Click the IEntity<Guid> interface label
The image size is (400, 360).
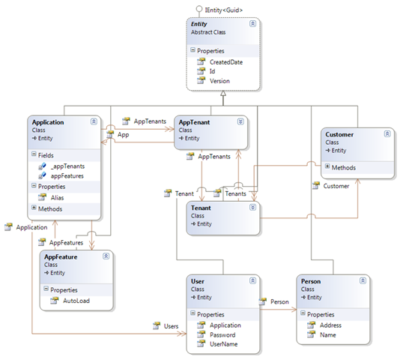pos(219,9)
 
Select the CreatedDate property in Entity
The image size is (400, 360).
pos(225,61)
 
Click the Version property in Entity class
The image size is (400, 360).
pos(219,81)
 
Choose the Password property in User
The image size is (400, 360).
pos(222,336)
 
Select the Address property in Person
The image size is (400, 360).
pos(330,325)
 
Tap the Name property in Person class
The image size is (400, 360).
pos(327,334)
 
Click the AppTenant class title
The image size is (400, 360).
pos(196,121)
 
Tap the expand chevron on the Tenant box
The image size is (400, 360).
pos(252,208)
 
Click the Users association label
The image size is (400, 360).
pos(171,325)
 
